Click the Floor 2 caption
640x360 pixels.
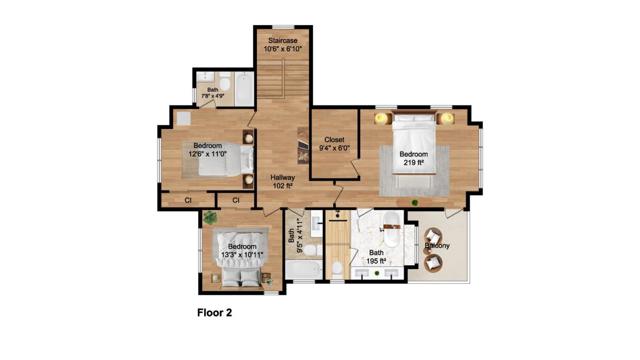click(x=213, y=313)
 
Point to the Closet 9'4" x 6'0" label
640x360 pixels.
click(x=334, y=144)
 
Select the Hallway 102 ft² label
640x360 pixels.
click(x=282, y=181)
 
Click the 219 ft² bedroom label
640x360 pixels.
click(x=414, y=157)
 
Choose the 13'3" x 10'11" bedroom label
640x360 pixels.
click(x=242, y=251)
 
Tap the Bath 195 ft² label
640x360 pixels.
click(x=376, y=257)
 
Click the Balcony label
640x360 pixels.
click(x=436, y=245)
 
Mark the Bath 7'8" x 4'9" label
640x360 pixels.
click(x=212, y=93)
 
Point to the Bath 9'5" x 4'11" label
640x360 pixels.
click(x=293, y=239)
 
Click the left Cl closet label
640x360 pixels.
click(x=188, y=201)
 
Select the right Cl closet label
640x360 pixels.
click(x=236, y=201)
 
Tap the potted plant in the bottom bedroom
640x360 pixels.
click(x=209, y=219)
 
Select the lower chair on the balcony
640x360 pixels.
click(x=433, y=265)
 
